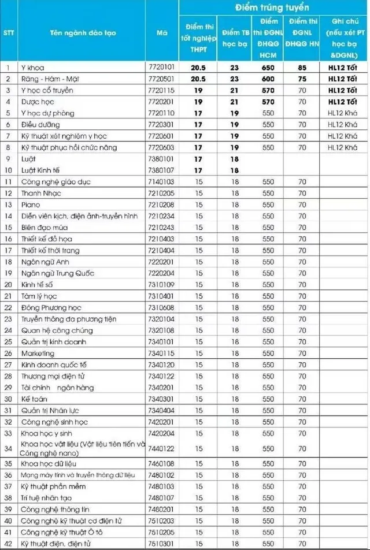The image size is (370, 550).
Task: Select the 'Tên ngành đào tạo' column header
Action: pos(83,32)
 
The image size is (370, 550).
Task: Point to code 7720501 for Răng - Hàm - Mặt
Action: pos(161,79)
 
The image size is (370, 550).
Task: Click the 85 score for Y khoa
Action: pos(301,68)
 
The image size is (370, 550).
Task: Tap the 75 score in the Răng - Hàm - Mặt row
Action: pos(301,79)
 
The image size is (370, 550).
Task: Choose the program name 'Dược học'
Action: pos(36,102)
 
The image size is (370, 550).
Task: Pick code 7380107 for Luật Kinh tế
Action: pos(161,170)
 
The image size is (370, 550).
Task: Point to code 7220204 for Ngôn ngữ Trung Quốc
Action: pos(161,273)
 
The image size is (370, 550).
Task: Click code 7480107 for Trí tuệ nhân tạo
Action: pos(161,497)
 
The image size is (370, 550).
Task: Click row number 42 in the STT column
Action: pos(9,543)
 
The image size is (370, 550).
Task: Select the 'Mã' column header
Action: pos(161,32)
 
